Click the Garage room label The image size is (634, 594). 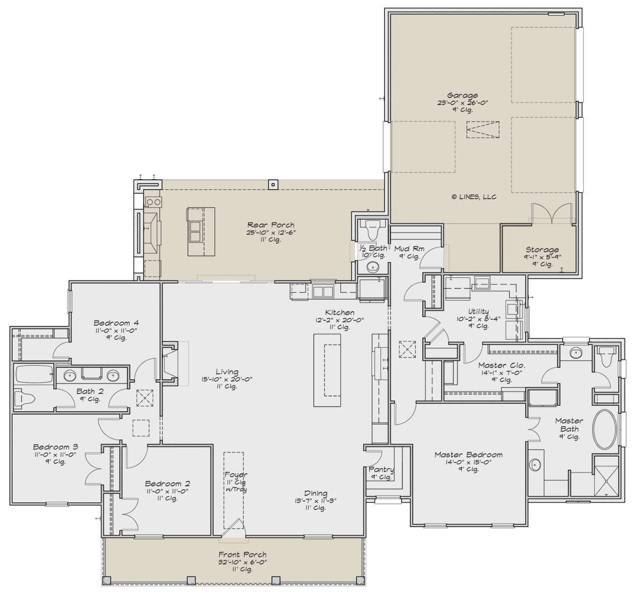pyautogui.click(x=463, y=95)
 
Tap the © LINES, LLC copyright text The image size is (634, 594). pyautogui.click(x=474, y=197)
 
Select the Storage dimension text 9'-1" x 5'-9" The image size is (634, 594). pyautogui.click(x=543, y=257)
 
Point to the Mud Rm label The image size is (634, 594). pyautogui.click(x=409, y=248)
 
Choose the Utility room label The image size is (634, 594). pyautogui.click(x=478, y=311)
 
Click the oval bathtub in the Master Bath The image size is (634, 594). pyautogui.click(x=604, y=430)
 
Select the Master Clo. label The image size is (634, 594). pyautogui.click(x=501, y=365)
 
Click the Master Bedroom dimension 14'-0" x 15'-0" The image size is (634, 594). pyautogui.click(x=468, y=462)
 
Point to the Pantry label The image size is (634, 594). pyautogui.click(x=381, y=469)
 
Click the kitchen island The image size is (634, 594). pyautogui.click(x=327, y=370)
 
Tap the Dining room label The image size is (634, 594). pyautogui.click(x=315, y=494)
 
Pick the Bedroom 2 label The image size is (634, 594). pyautogui.click(x=167, y=484)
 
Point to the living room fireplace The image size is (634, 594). pyautogui.click(x=170, y=364)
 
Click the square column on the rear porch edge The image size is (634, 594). pyautogui.click(x=273, y=184)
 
